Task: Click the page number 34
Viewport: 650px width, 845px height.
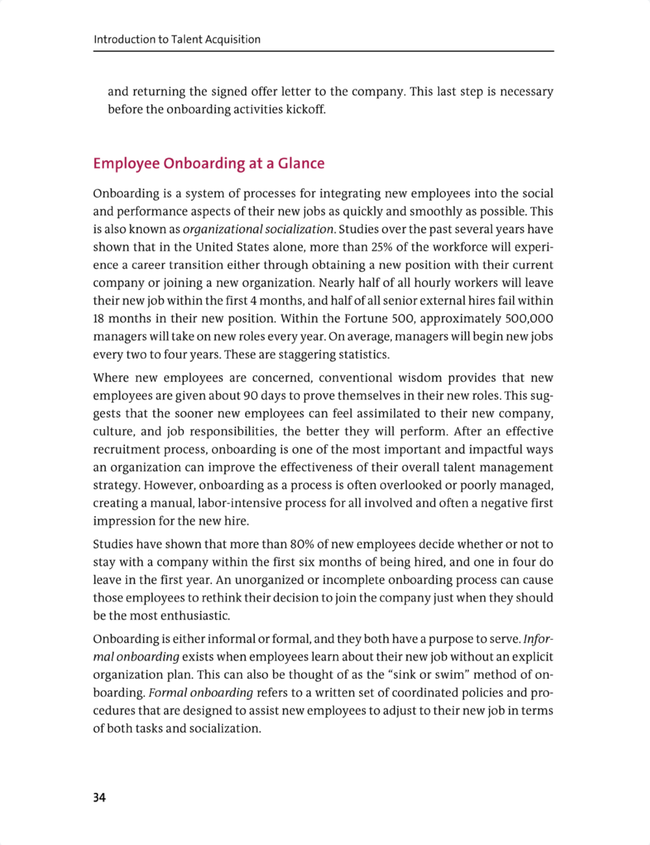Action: (x=99, y=798)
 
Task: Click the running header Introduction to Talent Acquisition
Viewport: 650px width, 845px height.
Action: (x=177, y=39)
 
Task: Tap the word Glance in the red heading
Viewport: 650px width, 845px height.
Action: (x=301, y=163)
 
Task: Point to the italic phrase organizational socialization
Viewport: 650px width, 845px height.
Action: (x=258, y=229)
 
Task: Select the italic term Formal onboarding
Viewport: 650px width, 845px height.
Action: (x=201, y=693)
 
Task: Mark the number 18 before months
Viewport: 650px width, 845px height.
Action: (x=99, y=319)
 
